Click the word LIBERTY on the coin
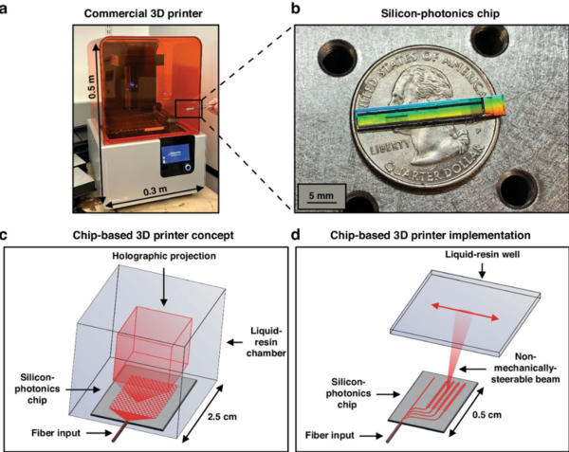379,151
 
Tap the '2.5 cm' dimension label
251,389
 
